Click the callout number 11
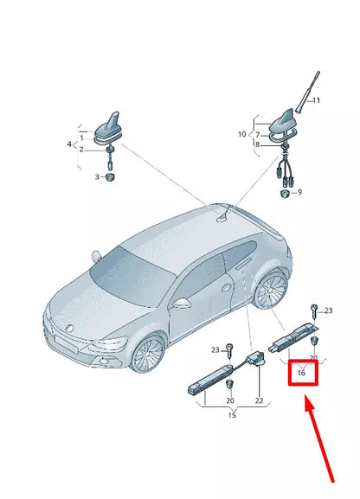tap(316, 101)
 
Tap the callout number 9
tap(299, 192)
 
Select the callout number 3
tap(97, 176)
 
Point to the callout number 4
tap(69, 144)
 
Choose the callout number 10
tap(243, 135)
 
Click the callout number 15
tap(232, 417)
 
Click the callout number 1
tap(83, 138)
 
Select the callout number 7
tap(257, 135)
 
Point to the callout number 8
tap(257, 144)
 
